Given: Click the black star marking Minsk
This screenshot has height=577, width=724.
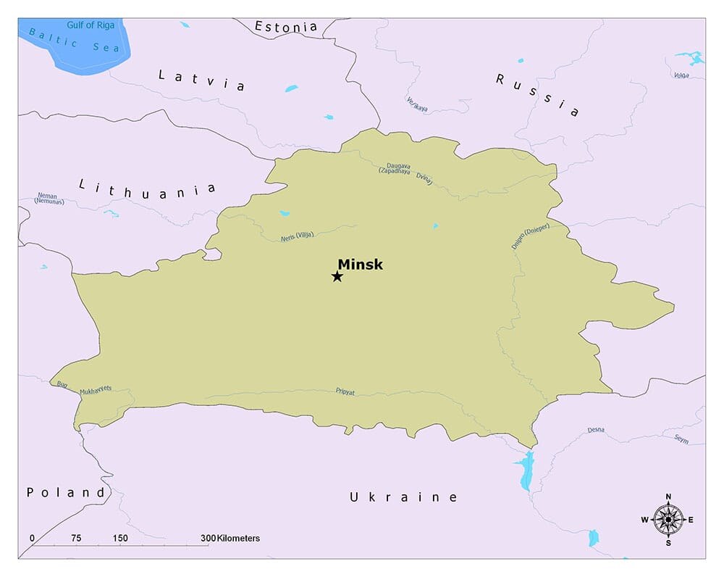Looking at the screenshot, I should pos(337,276).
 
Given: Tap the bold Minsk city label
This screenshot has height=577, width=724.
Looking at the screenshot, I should pos(360,265).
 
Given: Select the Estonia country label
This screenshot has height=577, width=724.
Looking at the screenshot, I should pos(286,27).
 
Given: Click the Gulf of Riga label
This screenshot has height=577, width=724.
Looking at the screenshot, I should pos(90,25).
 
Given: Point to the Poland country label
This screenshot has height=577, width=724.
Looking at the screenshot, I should pos(65,492).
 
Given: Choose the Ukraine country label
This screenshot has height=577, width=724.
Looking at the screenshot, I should pos(403,497).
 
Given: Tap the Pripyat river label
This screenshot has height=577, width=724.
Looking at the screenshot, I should pos(345,391).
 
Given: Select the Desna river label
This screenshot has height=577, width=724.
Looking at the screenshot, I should pos(596,430).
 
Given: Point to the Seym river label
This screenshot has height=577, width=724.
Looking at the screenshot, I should pos(681,439).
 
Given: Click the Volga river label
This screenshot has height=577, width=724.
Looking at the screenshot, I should pos(681,75).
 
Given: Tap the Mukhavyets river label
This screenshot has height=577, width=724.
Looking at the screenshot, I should pos(96,389).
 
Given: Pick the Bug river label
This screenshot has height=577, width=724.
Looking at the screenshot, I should pos(59,383).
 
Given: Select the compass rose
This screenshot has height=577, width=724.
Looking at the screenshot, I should pos(668,519).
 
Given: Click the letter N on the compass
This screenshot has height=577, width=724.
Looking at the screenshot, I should pos(668,497).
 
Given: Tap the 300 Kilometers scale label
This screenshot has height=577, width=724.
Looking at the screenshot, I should pos(230,539).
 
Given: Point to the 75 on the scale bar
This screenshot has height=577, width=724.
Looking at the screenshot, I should pos(76,539).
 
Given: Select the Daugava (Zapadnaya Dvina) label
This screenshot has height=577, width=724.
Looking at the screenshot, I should pos(405,173).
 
